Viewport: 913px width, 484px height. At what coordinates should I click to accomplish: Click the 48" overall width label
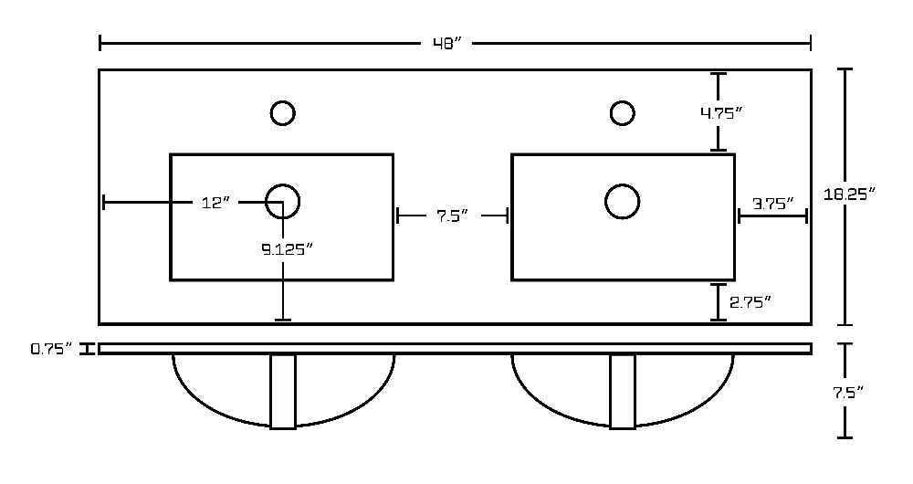(447, 44)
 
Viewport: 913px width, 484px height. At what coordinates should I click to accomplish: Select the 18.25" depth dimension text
(849, 194)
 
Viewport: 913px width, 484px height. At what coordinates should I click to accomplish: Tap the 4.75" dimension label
(721, 113)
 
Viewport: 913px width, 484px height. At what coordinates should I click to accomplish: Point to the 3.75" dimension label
(773, 204)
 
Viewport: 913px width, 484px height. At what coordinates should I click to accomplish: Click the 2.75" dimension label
(750, 302)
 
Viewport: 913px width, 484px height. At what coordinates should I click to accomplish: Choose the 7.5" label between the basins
(453, 216)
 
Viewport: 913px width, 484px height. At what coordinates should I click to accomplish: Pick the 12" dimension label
(216, 203)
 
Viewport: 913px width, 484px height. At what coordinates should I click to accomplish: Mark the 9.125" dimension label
(287, 249)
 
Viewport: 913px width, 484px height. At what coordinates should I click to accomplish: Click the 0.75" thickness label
(51, 350)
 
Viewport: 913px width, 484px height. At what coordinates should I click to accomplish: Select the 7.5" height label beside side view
(847, 393)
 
